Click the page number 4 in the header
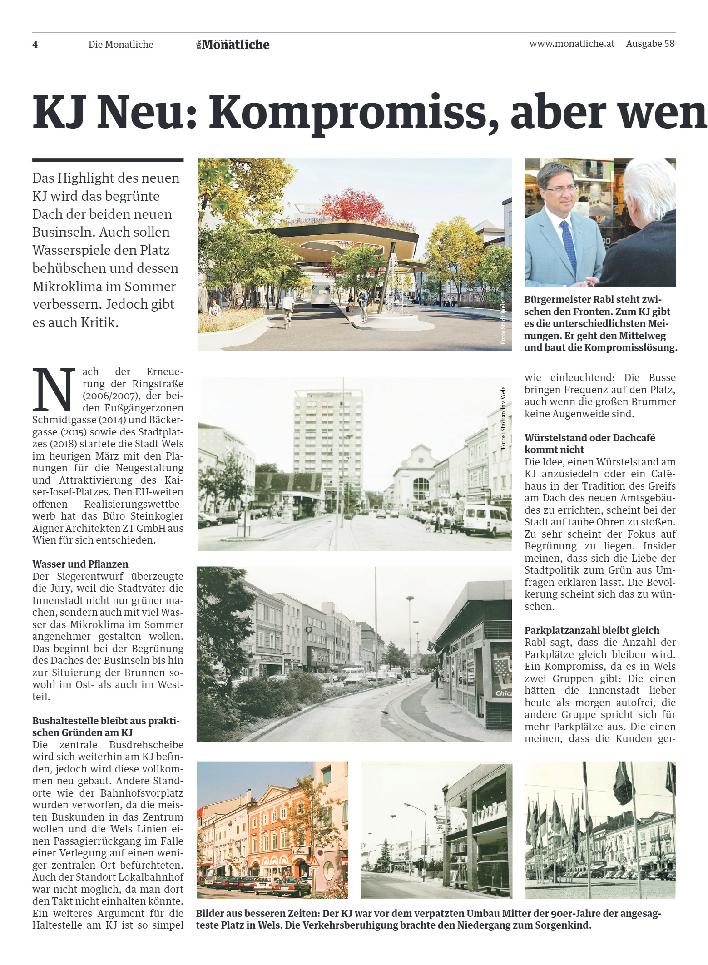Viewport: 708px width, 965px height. [35, 45]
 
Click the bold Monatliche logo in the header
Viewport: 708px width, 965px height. [235, 45]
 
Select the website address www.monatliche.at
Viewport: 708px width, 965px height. [571, 44]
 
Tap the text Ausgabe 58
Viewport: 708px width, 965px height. [650, 44]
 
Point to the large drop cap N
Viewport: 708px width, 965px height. [54, 389]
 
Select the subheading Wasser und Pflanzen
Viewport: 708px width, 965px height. [80, 564]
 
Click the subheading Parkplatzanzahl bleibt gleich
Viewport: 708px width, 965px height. [591, 630]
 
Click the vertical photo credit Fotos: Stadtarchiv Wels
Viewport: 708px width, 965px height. [503, 418]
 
